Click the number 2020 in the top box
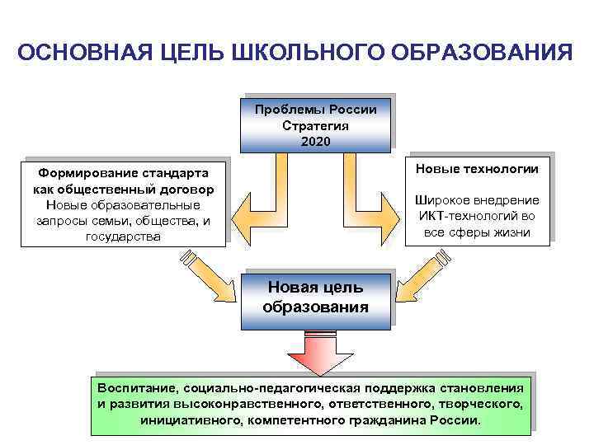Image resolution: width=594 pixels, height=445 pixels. click(x=315, y=142)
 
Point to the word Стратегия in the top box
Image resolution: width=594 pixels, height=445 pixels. click(x=315, y=126)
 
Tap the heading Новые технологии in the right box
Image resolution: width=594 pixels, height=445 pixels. click(x=478, y=169)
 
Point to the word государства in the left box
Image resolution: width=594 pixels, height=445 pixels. click(x=124, y=237)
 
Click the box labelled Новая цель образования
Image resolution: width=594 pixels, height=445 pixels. click(x=315, y=297)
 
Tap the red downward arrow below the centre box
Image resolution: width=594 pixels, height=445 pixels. click(x=317, y=354)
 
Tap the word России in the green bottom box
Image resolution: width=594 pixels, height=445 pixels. click(x=457, y=420)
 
